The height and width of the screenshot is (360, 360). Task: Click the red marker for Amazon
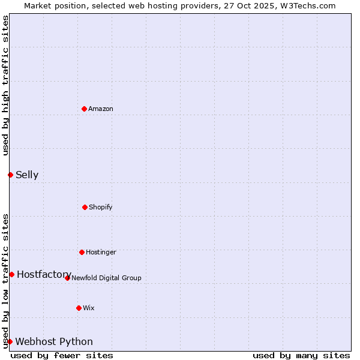(x=84, y=109)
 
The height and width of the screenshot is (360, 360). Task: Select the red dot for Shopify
(x=85, y=207)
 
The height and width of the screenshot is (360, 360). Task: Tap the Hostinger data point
(x=82, y=252)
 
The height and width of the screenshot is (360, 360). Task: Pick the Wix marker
(x=79, y=308)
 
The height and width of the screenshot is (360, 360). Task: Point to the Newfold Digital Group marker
(x=67, y=278)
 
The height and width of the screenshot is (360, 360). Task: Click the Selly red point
(x=10, y=175)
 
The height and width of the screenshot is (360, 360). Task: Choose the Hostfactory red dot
(x=11, y=274)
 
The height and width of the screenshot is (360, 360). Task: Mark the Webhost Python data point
(x=10, y=341)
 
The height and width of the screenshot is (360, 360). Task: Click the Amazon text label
(x=101, y=109)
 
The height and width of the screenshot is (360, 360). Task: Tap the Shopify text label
(x=101, y=207)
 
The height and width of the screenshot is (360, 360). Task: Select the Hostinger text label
(x=101, y=252)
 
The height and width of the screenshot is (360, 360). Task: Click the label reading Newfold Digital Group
(x=106, y=278)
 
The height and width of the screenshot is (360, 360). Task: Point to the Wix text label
(x=89, y=308)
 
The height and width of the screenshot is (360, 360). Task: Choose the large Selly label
(x=27, y=175)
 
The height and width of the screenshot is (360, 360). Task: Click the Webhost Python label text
(x=54, y=342)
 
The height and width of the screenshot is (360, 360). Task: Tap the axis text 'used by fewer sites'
(x=62, y=355)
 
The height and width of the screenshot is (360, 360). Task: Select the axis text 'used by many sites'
(x=301, y=355)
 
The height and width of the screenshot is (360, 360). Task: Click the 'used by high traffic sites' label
(x=5, y=85)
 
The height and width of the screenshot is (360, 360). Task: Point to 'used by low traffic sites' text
(x=5, y=280)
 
